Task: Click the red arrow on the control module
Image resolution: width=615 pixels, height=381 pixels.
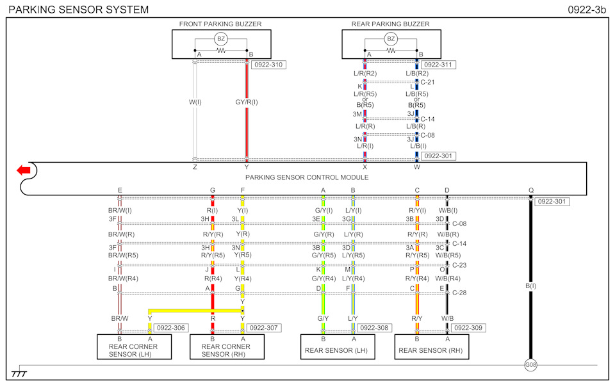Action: click(24, 170)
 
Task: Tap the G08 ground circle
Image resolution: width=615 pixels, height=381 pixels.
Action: click(530, 365)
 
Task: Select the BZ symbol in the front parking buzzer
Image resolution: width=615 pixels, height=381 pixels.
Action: click(221, 39)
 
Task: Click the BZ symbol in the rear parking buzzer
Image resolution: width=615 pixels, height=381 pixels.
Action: click(391, 39)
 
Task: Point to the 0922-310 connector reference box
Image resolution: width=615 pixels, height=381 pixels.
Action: click(268, 65)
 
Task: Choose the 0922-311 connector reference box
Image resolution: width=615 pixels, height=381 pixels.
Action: click(438, 65)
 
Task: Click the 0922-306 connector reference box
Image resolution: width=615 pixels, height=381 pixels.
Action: click(171, 328)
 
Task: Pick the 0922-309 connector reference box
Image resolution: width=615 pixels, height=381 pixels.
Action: click(468, 328)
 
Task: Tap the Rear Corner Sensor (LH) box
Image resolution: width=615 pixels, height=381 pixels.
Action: click(134, 346)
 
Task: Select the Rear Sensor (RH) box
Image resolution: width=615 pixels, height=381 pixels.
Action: click(431, 346)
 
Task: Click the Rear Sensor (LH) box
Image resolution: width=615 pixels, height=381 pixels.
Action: click(338, 346)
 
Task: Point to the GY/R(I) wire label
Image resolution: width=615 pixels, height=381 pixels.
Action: click(247, 102)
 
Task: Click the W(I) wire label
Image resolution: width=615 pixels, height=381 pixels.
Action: click(195, 102)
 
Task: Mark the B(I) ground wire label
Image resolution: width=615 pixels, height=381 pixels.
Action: click(530, 286)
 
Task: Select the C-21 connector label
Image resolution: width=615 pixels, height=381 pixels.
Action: click(427, 82)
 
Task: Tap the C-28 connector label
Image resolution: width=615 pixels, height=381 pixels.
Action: click(459, 293)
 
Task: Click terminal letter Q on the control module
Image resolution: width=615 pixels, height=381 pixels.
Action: click(530, 191)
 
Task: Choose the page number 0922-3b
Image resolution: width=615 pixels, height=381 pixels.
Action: click(587, 10)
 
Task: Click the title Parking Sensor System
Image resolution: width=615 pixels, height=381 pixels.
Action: click(78, 10)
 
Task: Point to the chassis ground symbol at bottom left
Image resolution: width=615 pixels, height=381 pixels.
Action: click(19, 373)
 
